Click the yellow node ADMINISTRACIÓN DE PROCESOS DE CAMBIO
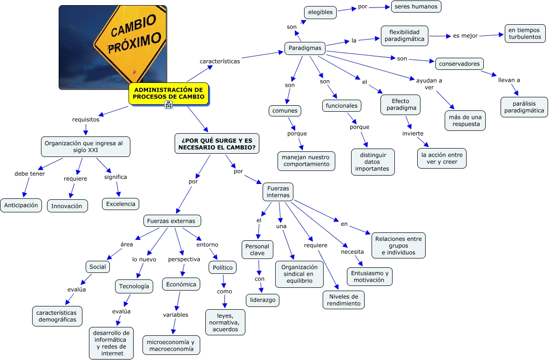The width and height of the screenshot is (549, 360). [168, 93]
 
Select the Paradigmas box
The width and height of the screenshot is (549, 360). [305, 48]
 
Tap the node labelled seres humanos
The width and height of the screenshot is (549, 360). [416, 7]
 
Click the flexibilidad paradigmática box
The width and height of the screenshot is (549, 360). [404, 35]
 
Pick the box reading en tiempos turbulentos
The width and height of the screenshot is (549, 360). [525, 34]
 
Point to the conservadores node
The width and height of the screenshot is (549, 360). [460, 63]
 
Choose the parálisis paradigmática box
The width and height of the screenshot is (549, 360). [524, 107]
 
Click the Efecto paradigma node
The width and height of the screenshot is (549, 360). [400, 105]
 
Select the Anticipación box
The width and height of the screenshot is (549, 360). [21, 205]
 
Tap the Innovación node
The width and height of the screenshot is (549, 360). [67, 206]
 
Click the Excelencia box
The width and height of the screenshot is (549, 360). [121, 204]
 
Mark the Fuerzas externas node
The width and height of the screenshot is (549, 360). [172, 220]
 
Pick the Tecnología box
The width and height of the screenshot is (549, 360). [134, 286]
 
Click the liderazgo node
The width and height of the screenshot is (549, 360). [263, 300]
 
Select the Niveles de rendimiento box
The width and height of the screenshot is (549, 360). [344, 300]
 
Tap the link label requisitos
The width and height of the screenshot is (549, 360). [86, 119]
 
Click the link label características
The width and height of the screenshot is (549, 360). [220, 61]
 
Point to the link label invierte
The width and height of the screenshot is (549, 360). [413, 134]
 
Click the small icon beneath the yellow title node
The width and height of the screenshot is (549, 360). [169, 105]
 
